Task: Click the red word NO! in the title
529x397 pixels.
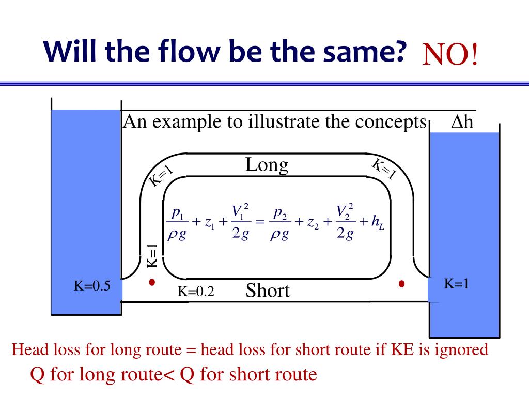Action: (x=450, y=55)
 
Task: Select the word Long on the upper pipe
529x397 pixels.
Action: (x=267, y=165)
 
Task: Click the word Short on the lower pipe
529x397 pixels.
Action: (x=268, y=291)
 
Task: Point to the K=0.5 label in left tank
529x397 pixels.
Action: (x=91, y=286)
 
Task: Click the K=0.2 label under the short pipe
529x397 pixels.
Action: (x=196, y=292)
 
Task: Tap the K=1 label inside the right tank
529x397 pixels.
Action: (x=457, y=283)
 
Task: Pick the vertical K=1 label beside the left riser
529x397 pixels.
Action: (x=152, y=255)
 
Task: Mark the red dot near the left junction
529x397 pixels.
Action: (x=152, y=283)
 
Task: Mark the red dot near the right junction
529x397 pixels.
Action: (x=401, y=284)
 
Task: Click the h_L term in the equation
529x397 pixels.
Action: (x=378, y=223)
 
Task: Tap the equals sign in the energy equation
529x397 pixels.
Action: (x=260, y=223)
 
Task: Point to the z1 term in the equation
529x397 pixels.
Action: (x=210, y=223)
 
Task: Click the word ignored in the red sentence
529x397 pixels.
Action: (x=460, y=350)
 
